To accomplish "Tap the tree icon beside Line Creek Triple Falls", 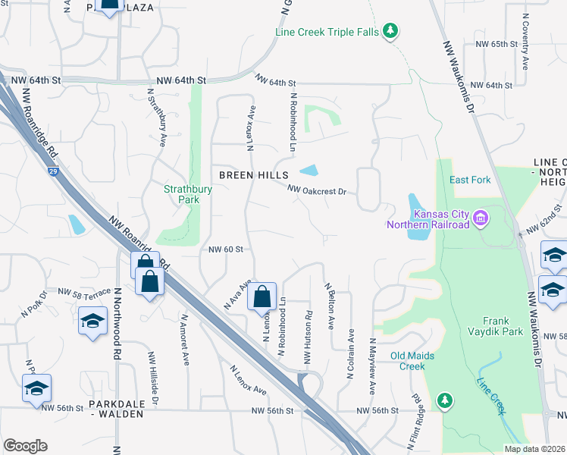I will click(x=390, y=31).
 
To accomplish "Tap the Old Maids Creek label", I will click(x=418, y=361).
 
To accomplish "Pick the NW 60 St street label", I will click(x=225, y=249).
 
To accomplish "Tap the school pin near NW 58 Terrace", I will click(x=92, y=322).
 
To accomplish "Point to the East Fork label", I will click(x=470, y=180).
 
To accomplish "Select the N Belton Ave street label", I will click(x=329, y=306).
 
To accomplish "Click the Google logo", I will click(x=26, y=446).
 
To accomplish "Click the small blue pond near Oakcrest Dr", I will click(x=309, y=171).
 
